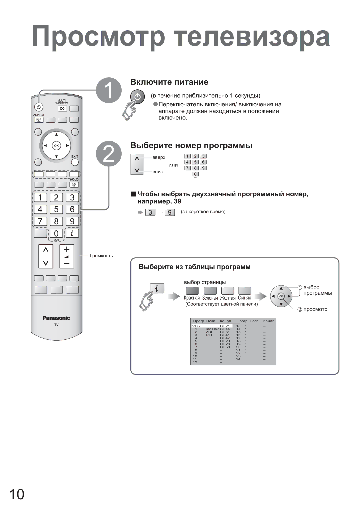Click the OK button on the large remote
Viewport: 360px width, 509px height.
(56, 146)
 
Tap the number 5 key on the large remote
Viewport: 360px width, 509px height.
(56, 209)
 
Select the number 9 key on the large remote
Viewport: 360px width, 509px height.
(72, 221)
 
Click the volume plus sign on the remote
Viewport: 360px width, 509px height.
(67, 249)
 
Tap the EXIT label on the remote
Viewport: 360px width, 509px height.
(75, 156)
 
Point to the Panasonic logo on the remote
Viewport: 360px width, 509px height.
(56, 318)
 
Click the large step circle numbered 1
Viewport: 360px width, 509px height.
(109, 90)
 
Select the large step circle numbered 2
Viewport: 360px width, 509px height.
(109, 154)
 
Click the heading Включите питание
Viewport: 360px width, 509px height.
(169, 82)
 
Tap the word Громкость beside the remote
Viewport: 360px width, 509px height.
(101, 256)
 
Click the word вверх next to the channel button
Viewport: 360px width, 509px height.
(159, 157)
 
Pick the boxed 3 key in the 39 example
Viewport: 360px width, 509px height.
(150, 212)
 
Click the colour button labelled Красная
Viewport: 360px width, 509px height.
(192, 290)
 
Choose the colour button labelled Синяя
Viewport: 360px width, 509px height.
(245, 290)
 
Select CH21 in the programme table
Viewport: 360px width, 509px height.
(225, 326)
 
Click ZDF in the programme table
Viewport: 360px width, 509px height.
(209, 332)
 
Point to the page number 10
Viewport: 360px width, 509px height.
(16, 494)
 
